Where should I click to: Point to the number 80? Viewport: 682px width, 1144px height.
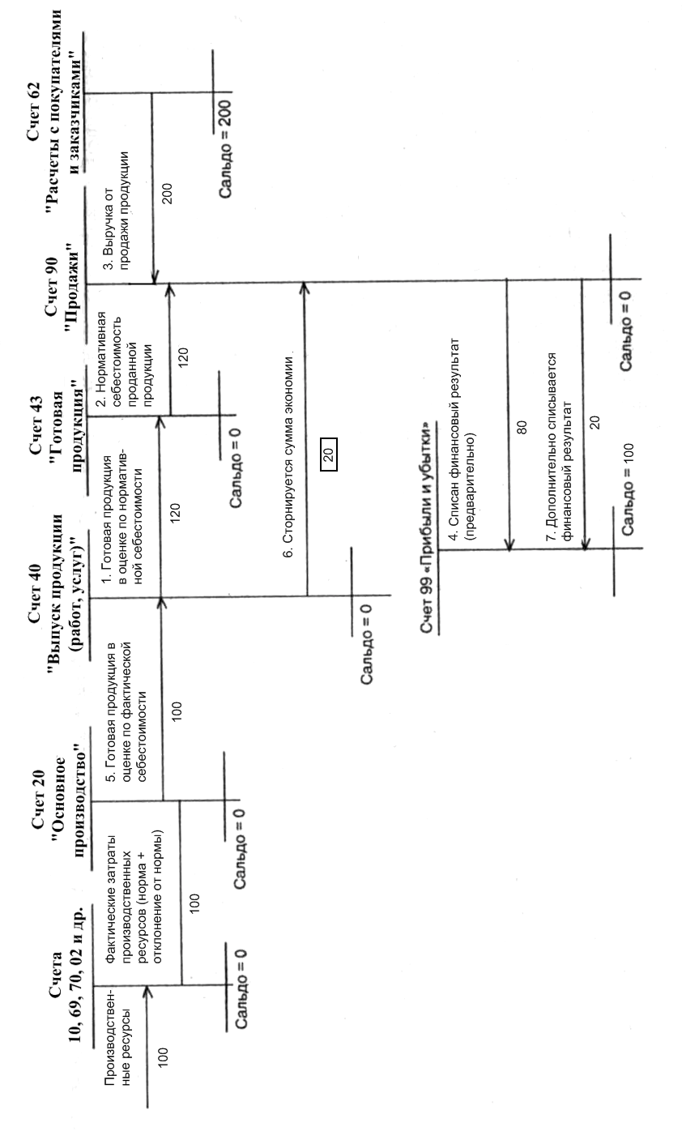(522, 429)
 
